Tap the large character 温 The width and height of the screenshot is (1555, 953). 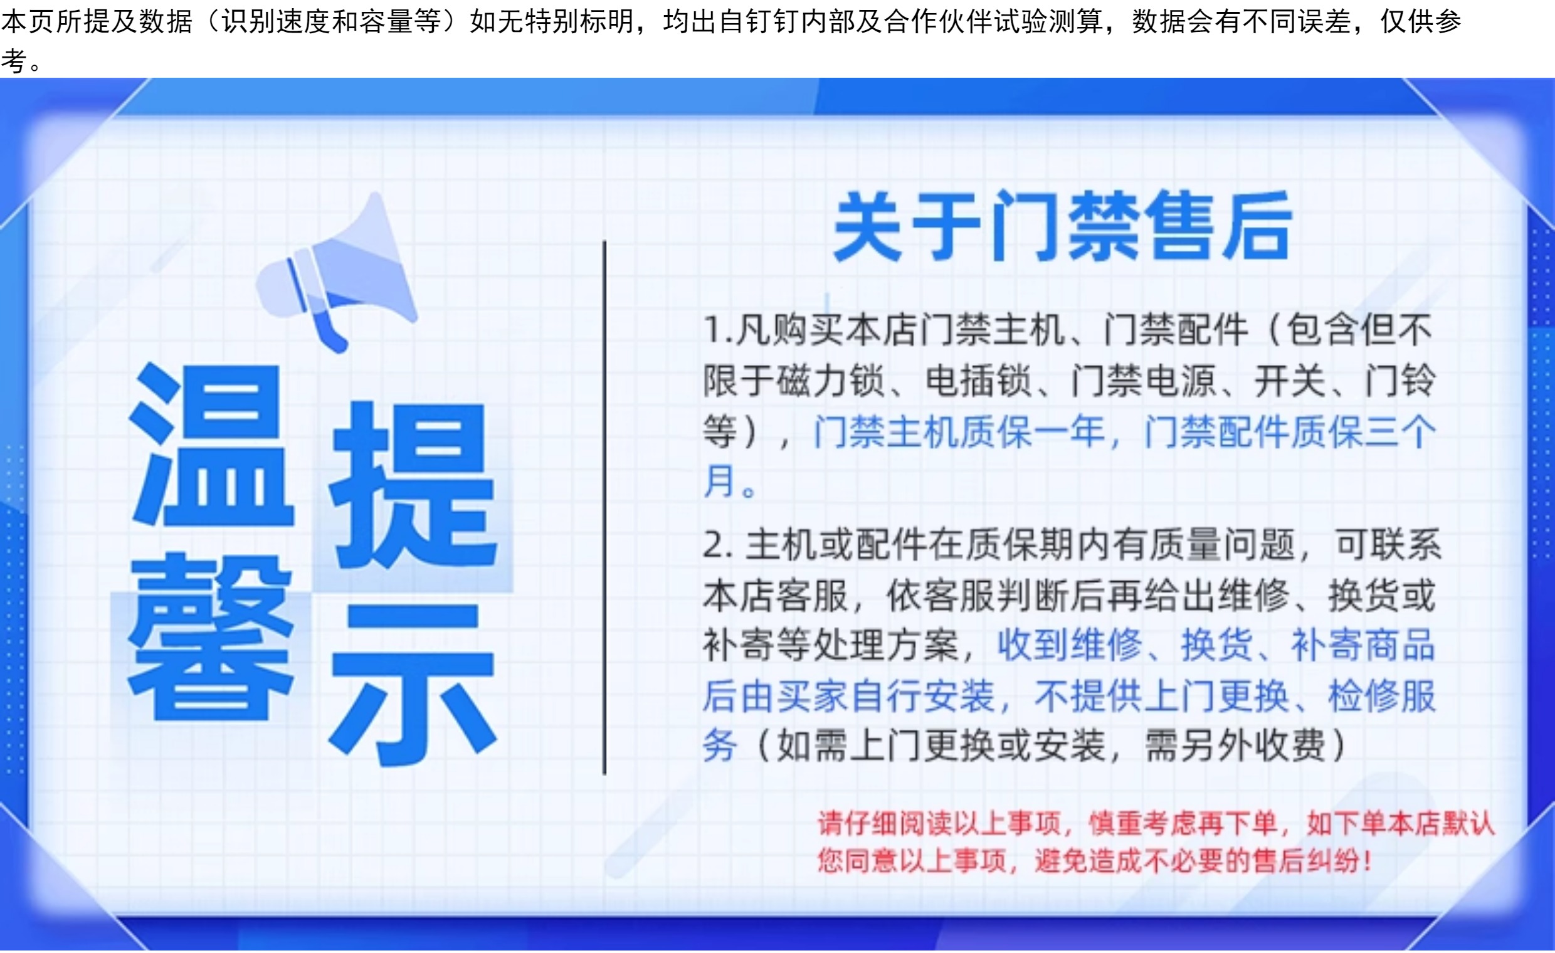tap(211, 445)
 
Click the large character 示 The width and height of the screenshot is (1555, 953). tap(413, 685)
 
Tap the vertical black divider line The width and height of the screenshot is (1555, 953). tap(604, 507)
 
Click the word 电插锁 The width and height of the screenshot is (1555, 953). tap(978, 381)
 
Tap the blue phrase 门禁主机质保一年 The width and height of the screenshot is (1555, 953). tap(959, 432)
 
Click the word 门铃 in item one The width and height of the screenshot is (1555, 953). tap(1400, 381)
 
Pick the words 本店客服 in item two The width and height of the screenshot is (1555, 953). tap(776, 595)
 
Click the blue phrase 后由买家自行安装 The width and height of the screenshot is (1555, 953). tap(849, 696)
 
